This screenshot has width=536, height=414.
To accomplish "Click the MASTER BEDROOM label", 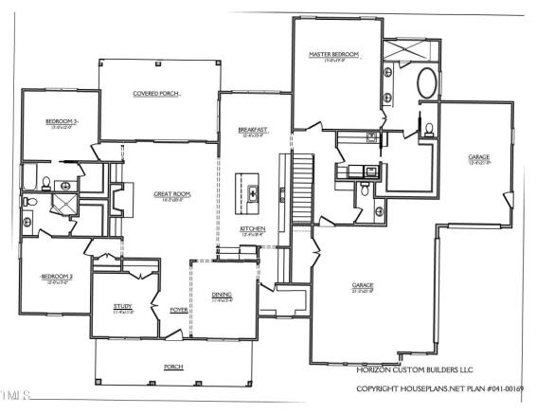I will tap(334, 56).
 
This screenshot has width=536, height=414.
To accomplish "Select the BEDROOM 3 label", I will tap(62, 122).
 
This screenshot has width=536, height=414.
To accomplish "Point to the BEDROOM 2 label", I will tap(57, 277).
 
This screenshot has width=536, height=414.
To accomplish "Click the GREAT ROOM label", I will tap(172, 194).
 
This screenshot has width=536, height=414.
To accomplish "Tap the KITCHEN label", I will tap(252, 229).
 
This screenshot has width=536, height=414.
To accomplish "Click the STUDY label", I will tap(123, 306).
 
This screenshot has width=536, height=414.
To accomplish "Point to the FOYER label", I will tap(178, 310).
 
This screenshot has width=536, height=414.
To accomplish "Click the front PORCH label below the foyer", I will tap(172, 366).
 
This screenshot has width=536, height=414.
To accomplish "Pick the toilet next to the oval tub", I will tap(428, 129).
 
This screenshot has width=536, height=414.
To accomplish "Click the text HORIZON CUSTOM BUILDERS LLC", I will tap(415, 369).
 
